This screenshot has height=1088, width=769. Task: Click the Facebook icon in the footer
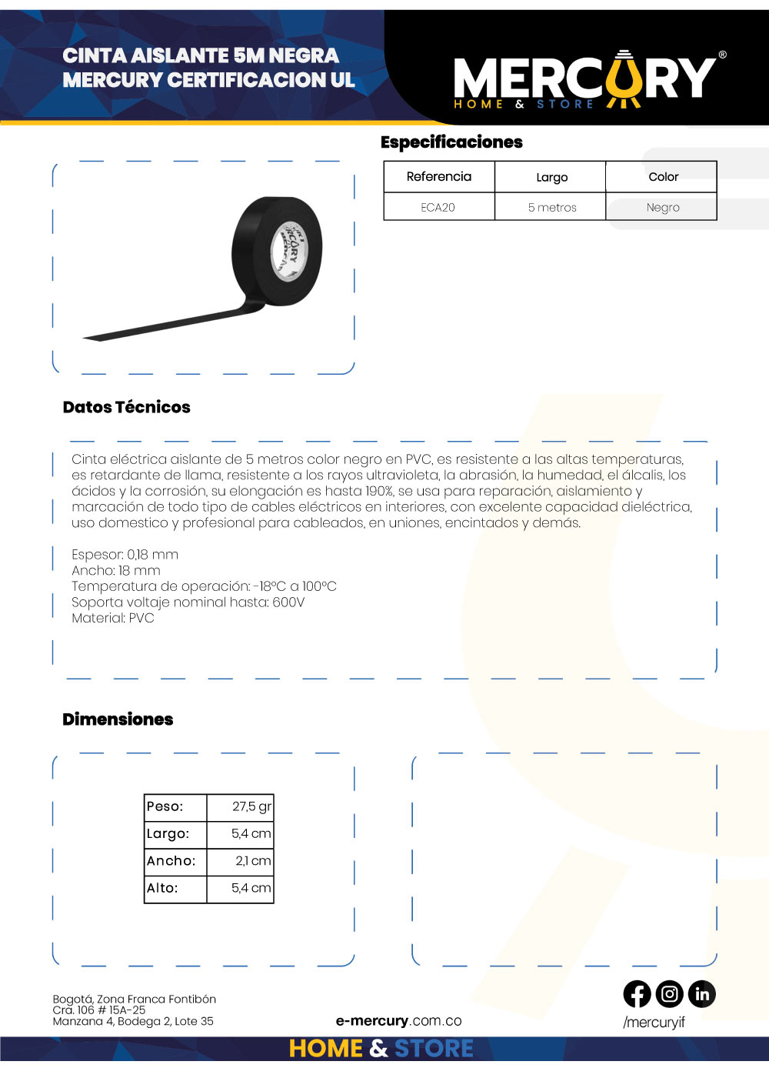(637, 994)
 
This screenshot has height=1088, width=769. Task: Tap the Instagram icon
(669, 994)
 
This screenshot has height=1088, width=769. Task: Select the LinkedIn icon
(701, 994)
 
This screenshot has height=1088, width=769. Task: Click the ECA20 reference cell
(438, 207)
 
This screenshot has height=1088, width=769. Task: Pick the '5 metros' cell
(551, 207)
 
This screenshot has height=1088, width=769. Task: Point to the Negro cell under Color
(662, 207)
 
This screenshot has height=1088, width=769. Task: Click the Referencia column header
(438, 176)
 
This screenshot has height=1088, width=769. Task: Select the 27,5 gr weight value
(251, 806)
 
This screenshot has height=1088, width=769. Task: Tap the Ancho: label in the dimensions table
(171, 861)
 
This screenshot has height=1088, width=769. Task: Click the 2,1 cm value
(253, 861)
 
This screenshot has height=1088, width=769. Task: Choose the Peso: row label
(165, 806)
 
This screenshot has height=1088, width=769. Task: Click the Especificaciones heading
(451, 142)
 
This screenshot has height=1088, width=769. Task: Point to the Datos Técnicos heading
(126, 407)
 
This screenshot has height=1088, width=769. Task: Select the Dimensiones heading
(118, 719)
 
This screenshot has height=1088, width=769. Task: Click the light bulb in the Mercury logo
(624, 80)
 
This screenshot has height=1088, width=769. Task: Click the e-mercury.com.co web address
(398, 1021)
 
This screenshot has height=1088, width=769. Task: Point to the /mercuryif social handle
(654, 1022)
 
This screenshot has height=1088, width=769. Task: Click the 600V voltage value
(288, 602)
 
